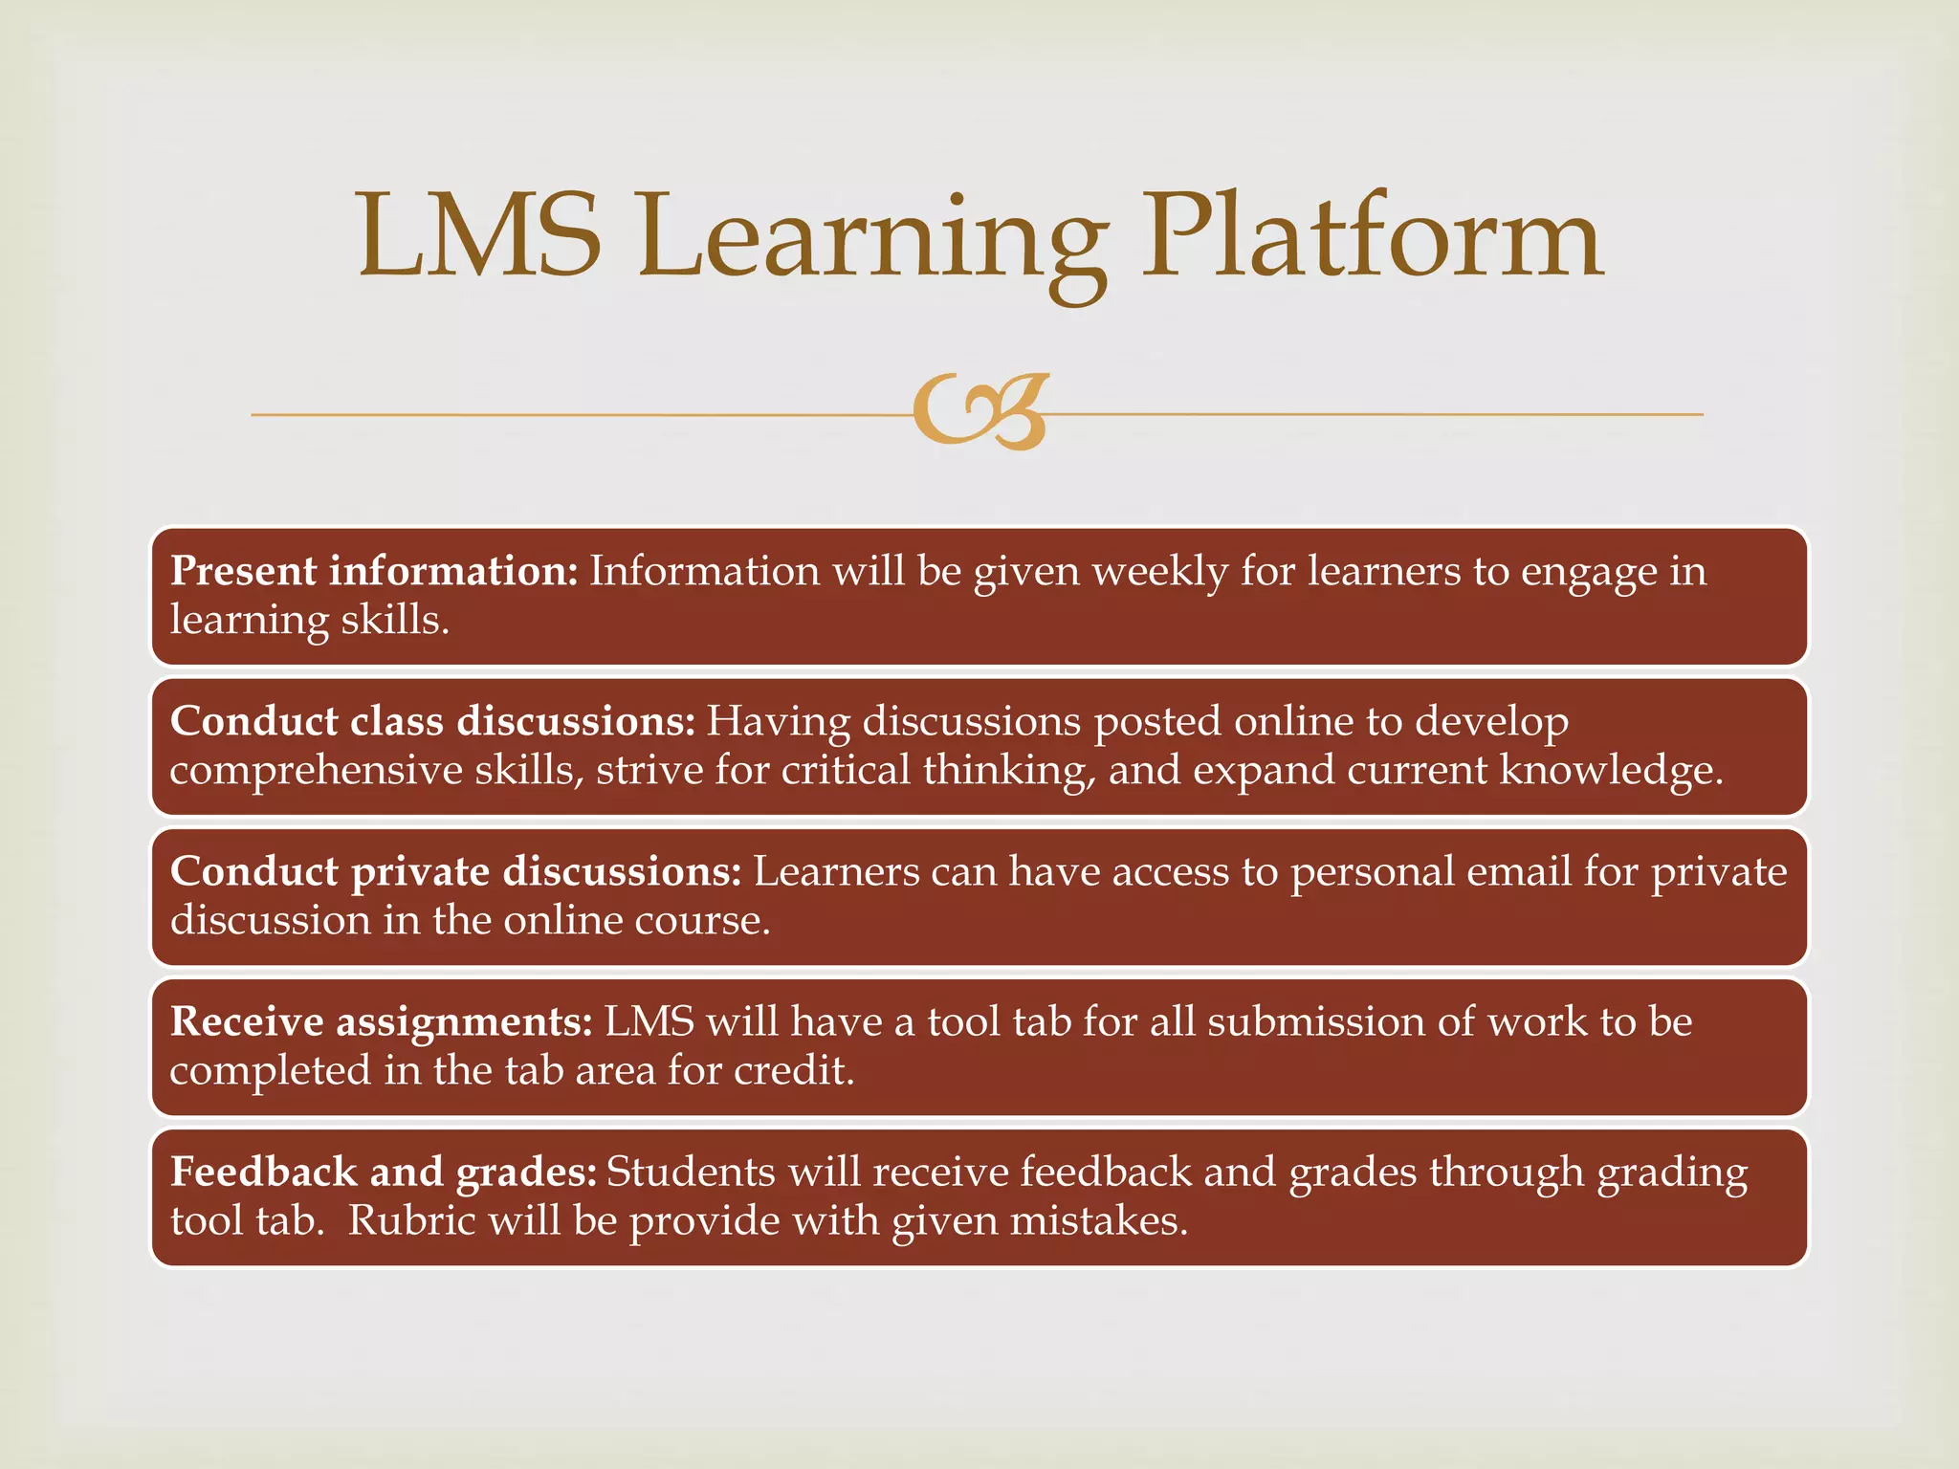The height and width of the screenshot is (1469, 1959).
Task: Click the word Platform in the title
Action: click(1373, 237)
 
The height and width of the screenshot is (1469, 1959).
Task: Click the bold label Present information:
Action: click(374, 571)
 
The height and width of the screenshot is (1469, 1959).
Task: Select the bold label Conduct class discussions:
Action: click(432, 721)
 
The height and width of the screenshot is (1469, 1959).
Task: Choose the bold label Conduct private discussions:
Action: click(455, 871)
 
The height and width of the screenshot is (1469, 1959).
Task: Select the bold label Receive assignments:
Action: click(382, 1021)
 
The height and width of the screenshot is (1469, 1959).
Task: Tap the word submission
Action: click(1316, 1021)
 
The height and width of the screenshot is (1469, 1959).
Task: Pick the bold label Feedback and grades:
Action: click(384, 1172)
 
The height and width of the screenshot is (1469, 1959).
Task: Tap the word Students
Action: click(691, 1172)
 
